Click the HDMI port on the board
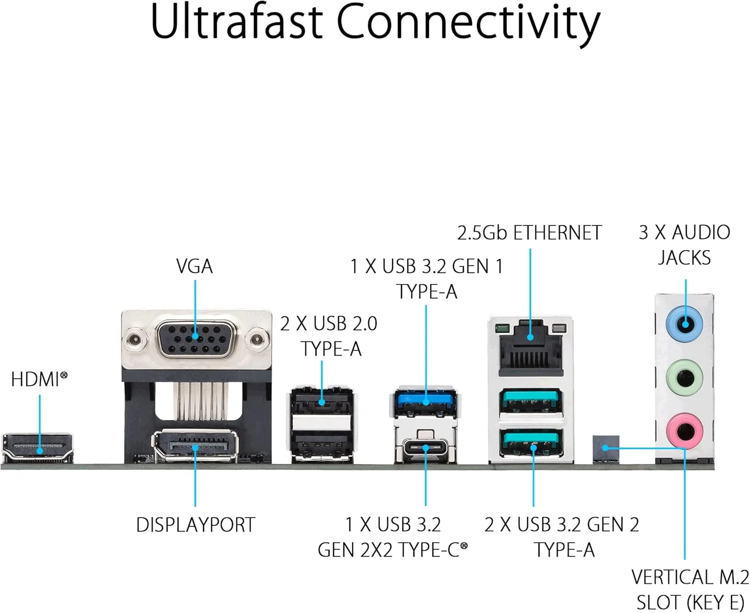tap(38, 447)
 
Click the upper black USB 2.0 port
tap(321, 400)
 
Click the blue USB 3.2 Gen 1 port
tap(425, 400)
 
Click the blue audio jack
tap(685, 324)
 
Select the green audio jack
tap(685, 378)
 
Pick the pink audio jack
tap(685, 430)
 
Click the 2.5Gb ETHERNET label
tap(529, 233)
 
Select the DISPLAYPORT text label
tap(195, 525)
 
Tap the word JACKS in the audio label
tap(684, 258)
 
